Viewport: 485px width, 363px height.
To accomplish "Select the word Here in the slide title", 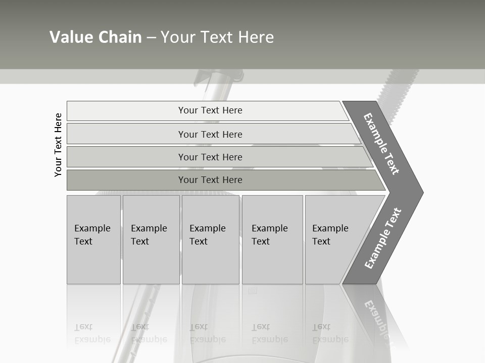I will click(x=256, y=37).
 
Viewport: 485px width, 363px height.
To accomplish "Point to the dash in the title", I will click(x=151, y=38).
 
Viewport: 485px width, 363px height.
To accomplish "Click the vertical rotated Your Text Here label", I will click(x=58, y=145).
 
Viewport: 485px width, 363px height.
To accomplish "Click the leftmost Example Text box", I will click(x=93, y=239).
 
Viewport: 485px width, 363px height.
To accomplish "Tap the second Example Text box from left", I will click(x=151, y=239).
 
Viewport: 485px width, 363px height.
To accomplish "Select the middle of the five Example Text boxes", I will click(x=210, y=239).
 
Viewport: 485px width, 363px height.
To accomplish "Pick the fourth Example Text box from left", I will click(x=272, y=239).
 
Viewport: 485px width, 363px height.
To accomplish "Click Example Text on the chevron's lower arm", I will click(x=383, y=238).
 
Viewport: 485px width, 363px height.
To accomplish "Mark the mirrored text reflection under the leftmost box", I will click(x=92, y=333).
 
